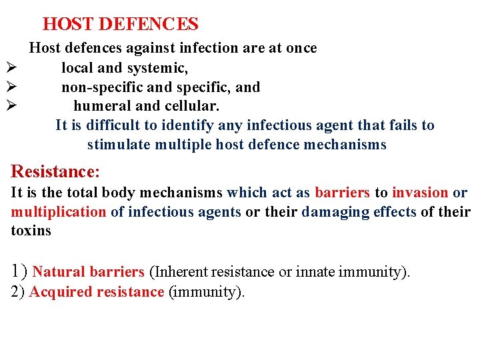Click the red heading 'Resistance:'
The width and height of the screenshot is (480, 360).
(x=55, y=172)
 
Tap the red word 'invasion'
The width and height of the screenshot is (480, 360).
(x=420, y=193)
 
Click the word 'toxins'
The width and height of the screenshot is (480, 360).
(x=31, y=231)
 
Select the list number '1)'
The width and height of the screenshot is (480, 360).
(x=19, y=271)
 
